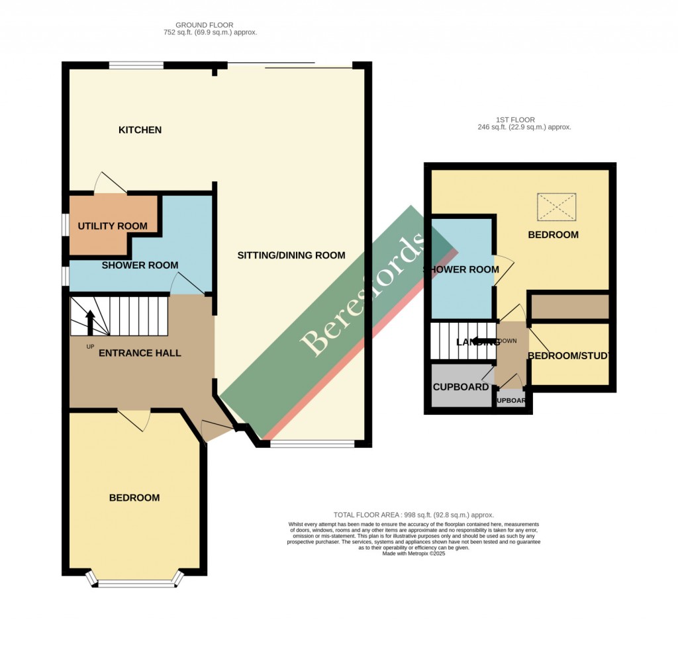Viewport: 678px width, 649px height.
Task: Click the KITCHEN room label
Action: coord(140,130)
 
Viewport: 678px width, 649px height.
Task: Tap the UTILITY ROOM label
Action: coord(113,226)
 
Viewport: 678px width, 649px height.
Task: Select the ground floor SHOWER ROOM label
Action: coord(140,265)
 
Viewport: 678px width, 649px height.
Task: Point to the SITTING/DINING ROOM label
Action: coord(291,255)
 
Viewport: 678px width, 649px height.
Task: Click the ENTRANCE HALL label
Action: coord(140,353)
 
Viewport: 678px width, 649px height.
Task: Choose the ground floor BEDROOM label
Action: coord(134,498)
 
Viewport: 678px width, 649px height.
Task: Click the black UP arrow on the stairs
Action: coord(90,322)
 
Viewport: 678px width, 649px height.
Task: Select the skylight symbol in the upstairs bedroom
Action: coord(557,206)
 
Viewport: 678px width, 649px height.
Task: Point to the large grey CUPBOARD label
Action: coord(460,387)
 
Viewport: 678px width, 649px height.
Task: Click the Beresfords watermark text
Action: coord(363,295)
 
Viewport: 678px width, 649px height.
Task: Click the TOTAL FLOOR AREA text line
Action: coord(414,515)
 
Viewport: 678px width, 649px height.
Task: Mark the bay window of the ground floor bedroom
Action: coord(134,582)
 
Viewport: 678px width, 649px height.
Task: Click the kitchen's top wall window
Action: coord(136,65)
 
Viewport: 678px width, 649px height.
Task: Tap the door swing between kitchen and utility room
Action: coord(105,183)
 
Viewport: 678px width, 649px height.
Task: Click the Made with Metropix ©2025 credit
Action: coord(414,554)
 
